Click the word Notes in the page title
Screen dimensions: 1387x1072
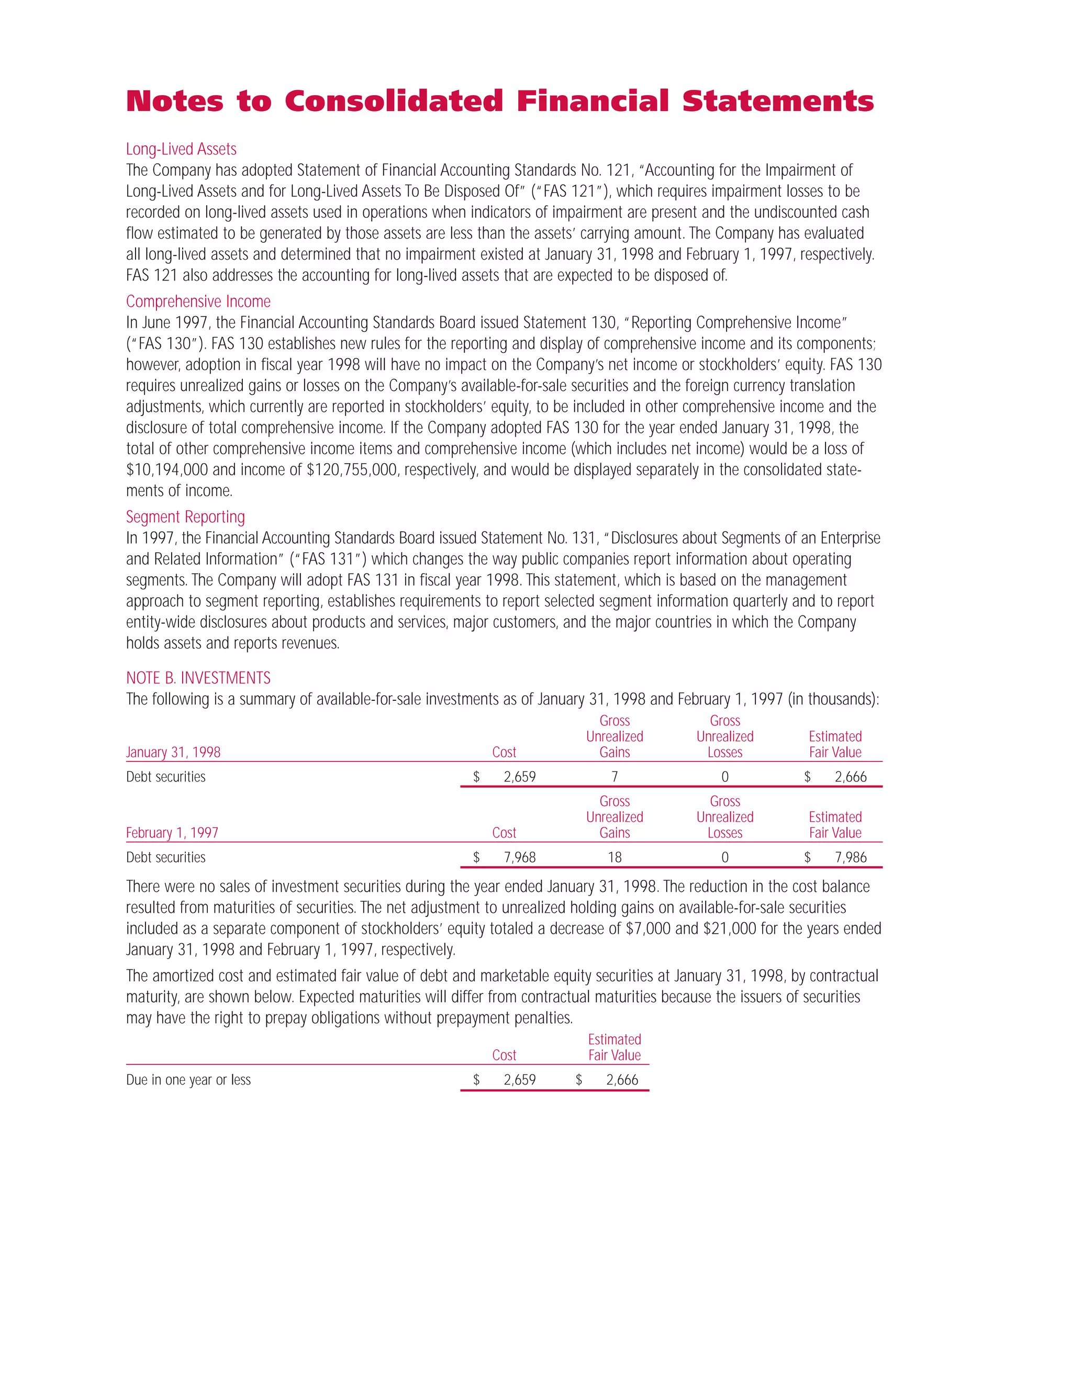coord(175,102)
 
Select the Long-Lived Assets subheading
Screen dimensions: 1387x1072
coord(181,149)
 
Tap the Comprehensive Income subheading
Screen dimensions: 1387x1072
coord(198,301)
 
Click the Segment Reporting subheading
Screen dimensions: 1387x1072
coord(185,517)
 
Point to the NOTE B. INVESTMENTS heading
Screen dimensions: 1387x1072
coord(198,678)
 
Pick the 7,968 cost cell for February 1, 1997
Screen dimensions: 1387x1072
coord(519,857)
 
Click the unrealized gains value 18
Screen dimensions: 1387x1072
coord(614,857)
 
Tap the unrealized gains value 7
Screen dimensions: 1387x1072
coord(614,777)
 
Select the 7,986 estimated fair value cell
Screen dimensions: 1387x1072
coord(851,857)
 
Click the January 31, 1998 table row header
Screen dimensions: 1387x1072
coord(173,753)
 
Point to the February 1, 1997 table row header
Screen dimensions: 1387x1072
coord(172,833)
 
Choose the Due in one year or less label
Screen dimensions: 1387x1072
coord(188,1080)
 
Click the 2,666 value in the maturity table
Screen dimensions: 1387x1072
coord(622,1080)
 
